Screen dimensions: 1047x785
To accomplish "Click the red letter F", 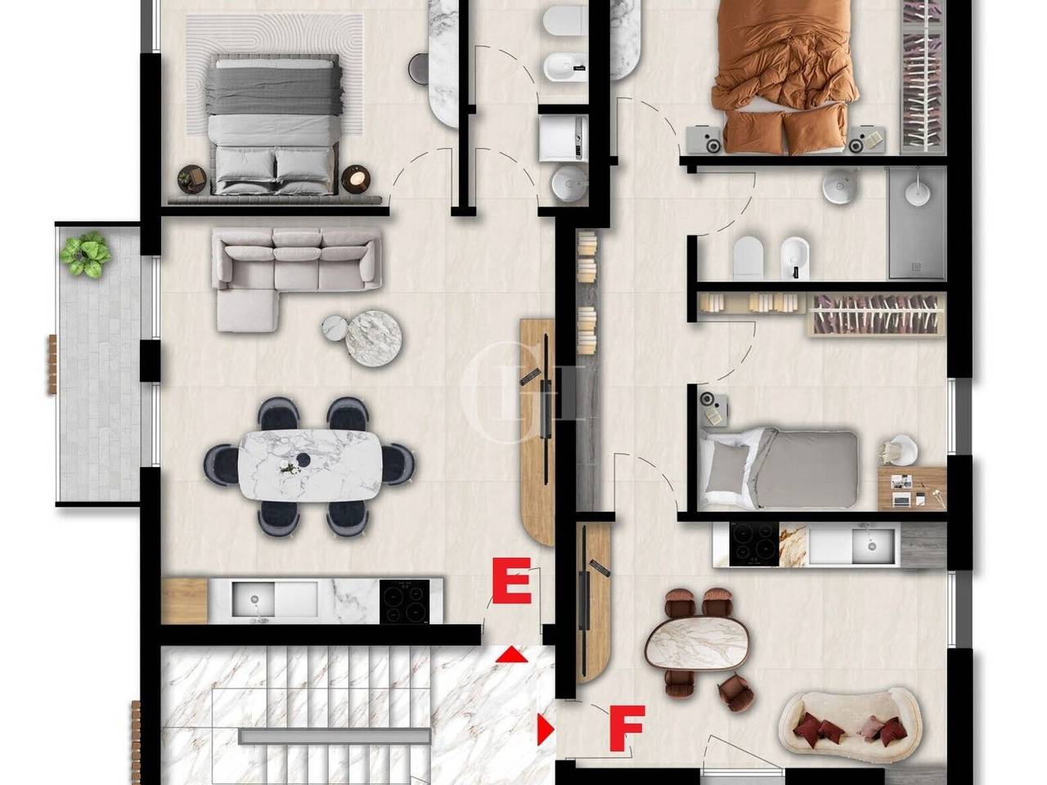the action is [627, 729].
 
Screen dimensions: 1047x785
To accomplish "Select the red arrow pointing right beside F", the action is [546, 729].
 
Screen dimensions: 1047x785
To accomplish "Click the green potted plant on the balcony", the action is [85, 253].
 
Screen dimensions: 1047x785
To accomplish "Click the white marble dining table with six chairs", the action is [310, 465].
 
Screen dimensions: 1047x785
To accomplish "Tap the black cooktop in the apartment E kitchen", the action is [405, 601].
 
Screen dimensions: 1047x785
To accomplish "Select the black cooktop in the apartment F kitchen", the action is [753, 545].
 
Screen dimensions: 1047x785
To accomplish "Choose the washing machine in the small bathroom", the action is [564, 138].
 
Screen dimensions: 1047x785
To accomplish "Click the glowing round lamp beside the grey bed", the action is [357, 179].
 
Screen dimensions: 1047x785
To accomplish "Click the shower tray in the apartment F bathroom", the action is [916, 223].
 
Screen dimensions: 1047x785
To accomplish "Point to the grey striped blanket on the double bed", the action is [274, 90].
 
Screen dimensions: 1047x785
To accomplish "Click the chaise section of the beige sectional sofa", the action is [247, 310].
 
